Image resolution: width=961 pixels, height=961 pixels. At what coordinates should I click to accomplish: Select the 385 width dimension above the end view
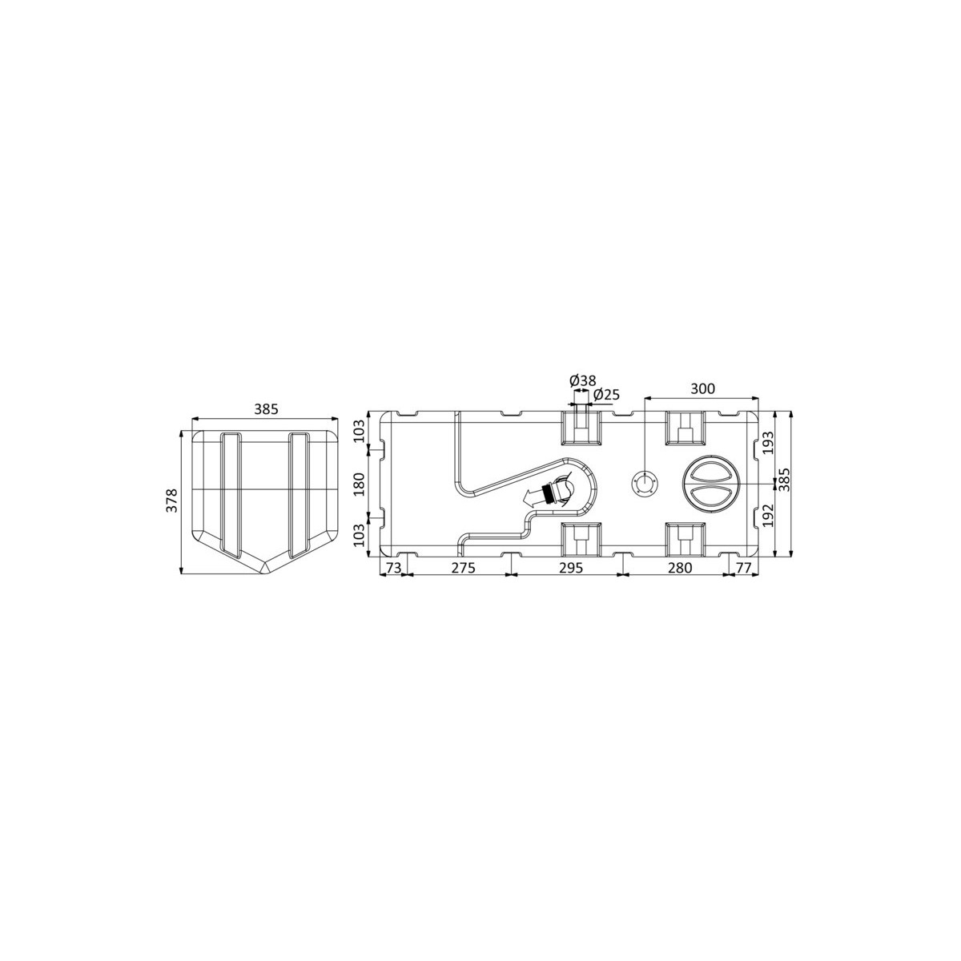pyautogui.click(x=266, y=409)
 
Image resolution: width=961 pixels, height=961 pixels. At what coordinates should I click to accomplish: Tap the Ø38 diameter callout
pyautogui.click(x=582, y=380)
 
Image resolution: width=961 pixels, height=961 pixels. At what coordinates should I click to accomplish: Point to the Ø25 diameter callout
pyautogui.click(x=606, y=395)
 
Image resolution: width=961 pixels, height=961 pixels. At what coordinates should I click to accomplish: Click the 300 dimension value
pyautogui.click(x=702, y=389)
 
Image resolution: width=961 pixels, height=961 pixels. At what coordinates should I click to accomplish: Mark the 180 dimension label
pyautogui.click(x=360, y=485)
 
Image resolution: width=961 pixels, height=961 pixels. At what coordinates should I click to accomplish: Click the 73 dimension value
pyautogui.click(x=392, y=568)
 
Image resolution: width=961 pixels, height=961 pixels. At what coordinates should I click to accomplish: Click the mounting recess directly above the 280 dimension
pyautogui.click(x=685, y=540)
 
